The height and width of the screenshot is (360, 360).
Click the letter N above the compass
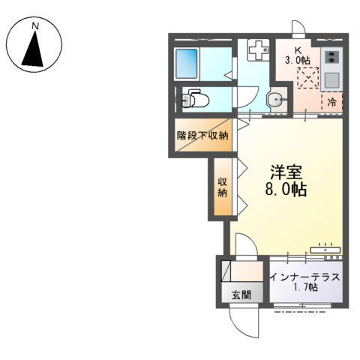point(34,28)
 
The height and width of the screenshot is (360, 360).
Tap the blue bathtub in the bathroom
point(187,63)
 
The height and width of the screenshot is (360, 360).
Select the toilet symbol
point(195,97)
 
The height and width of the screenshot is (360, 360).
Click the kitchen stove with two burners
point(331,58)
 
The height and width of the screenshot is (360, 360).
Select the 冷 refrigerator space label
point(331,102)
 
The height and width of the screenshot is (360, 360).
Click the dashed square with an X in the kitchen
point(307,77)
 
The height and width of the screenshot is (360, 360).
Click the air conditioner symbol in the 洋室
point(325,245)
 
